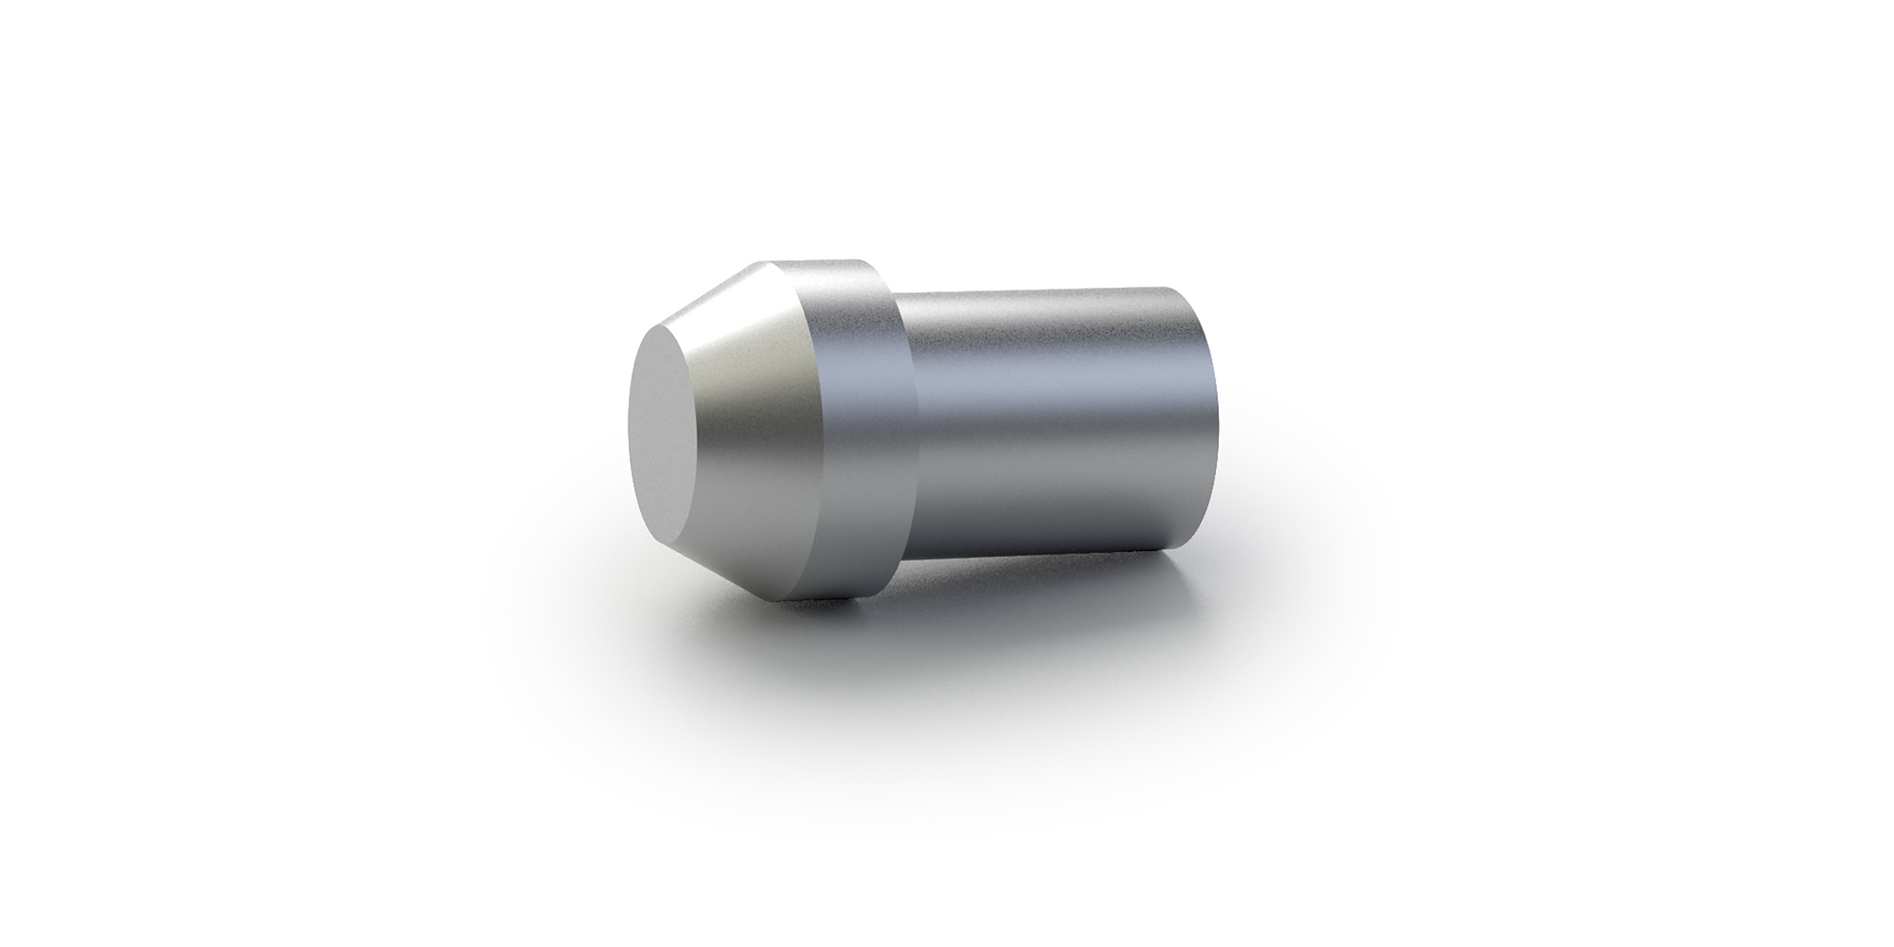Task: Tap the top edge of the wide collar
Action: click(818, 261)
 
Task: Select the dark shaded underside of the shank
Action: click(1045, 527)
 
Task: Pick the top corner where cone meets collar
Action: click(767, 263)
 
